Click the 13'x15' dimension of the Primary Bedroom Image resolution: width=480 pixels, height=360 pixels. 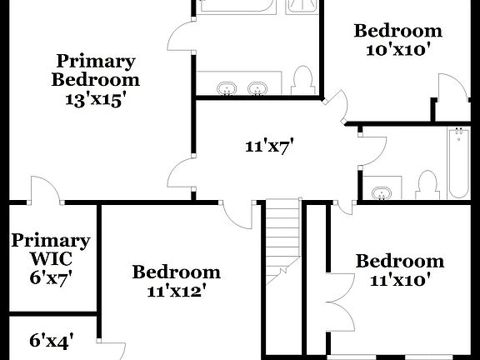pyautogui.click(x=95, y=99)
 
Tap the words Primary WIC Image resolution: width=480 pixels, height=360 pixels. pyautogui.click(x=51, y=249)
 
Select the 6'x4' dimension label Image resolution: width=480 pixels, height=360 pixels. pyautogui.click(x=52, y=340)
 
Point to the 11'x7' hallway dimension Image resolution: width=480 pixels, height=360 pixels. pyautogui.click(x=269, y=147)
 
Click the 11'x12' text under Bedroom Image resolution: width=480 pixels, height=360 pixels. pyautogui.click(x=176, y=292)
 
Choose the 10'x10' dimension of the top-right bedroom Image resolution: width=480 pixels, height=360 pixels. pyautogui.click(x=397, y=50)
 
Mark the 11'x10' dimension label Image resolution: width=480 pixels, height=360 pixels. pyautogui.click(x=399, y=281)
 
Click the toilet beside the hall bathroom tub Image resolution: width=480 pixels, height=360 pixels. pyautogui.click(x=427, y=185)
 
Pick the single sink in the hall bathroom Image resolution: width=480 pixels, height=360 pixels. pyautogui.click(x=382, y=193)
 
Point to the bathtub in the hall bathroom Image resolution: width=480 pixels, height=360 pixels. pyautogui.click(x=458, y=162)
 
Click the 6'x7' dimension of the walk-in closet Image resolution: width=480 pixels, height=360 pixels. pyautogui.click(x=51, y=277)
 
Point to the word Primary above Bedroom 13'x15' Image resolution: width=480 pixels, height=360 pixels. pyautogui.click(x=95, y=61)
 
